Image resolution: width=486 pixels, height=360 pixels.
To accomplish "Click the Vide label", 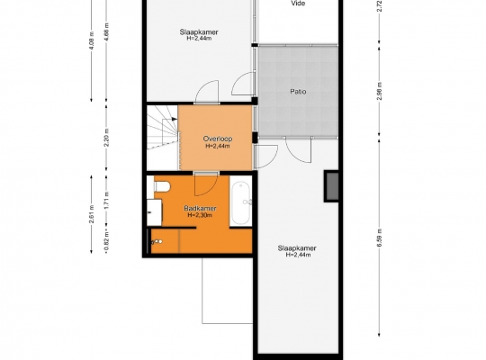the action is tap(298, 4).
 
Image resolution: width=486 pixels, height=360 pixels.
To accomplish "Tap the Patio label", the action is tap(298, 92).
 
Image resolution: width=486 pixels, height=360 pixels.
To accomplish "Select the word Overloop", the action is tap(218, 139).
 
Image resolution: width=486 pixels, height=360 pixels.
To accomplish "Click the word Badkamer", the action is tap(200, 208).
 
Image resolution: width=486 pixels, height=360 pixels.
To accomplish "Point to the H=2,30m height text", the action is tap(200, 215).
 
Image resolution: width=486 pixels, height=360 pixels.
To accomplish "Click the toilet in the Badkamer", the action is tap(162, 186).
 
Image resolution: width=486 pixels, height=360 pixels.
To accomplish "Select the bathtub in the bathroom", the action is tap(241, 202).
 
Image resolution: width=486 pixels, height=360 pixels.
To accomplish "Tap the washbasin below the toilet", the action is tap(154, 212).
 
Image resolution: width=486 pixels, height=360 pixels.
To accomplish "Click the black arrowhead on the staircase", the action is tap(175, 119).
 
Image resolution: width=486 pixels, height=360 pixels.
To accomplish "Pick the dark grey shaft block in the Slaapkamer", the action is tap(331, 186).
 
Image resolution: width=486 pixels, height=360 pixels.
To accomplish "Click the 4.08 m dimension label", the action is tap(91, 40).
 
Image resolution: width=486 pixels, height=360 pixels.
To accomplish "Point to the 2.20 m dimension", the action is tap(106, 138).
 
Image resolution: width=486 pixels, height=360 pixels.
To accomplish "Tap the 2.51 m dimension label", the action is tap(91, 214).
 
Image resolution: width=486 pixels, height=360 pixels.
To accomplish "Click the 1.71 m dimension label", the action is tap(106, 201).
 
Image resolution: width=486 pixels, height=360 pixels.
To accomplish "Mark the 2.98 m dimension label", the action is tap(380, 91).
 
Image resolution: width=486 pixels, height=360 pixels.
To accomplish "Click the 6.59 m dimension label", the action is tap(380, 238).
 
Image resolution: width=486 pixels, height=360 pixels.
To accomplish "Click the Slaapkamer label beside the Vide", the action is tap(199, 31).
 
